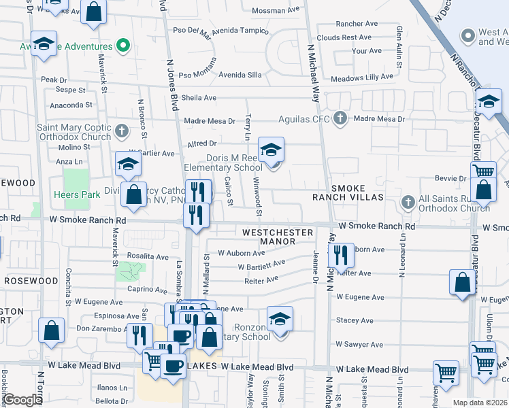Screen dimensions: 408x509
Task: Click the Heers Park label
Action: coord(77,194)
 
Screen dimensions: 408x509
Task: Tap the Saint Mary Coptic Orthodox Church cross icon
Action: coord(121,129)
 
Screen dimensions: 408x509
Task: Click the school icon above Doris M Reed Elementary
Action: coord(271,150)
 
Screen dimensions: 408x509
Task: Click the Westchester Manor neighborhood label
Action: coord(278,237)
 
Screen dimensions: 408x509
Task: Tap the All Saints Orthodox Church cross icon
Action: coord(407,201)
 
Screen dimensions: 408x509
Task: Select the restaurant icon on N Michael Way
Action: coord(341,256)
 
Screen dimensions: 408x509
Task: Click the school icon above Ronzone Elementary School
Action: coord(280,318)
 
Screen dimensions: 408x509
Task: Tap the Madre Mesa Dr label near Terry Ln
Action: coord(208,120)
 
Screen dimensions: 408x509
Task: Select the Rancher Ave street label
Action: coord(352,23)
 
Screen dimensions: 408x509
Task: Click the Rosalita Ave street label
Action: coord(148,257)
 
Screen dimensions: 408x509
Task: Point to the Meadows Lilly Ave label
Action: coord(366,78)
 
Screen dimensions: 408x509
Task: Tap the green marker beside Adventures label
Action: coord(122,46)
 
